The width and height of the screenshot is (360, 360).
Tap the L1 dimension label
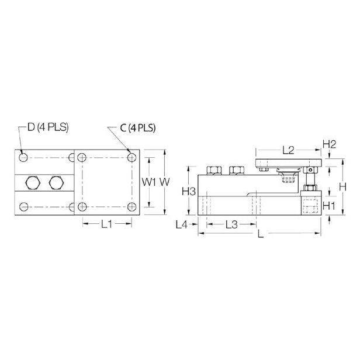click(x=107, y=223)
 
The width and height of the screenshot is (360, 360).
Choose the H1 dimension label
click(x=329, y=205)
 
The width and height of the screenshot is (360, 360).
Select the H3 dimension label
click(x=188, y=191)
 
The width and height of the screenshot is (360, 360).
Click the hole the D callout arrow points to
click(x=23, y=157)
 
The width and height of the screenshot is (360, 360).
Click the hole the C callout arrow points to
click(x=132, y=157)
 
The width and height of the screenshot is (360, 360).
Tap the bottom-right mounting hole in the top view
click(x=132, y=207)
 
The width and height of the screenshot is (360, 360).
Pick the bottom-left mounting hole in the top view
click(x=23, y=207)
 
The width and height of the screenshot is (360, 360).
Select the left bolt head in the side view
click(x=214, y=169)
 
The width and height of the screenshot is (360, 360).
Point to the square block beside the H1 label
click(x=310, y=206)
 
